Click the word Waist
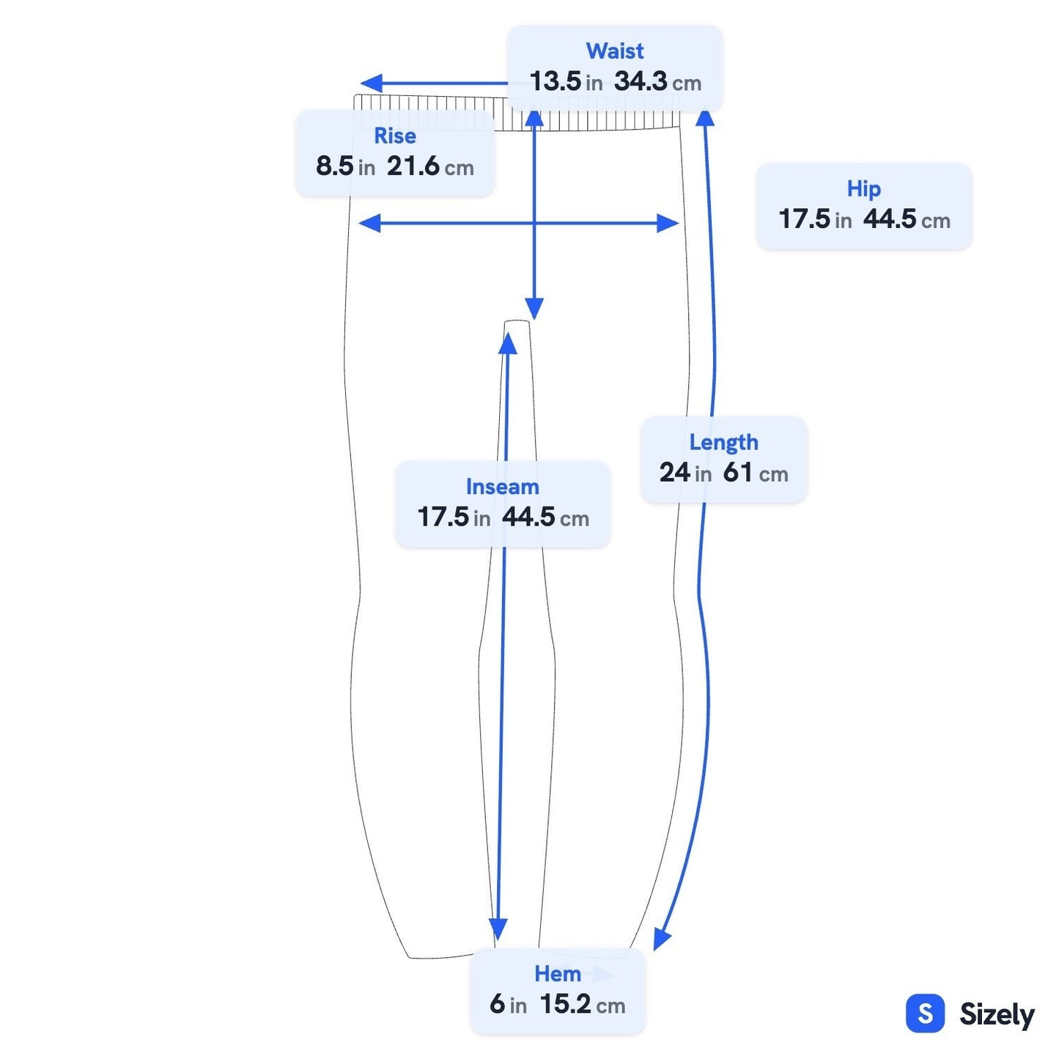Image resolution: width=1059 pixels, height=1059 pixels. point(614,51)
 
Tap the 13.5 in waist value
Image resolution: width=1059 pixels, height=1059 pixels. point(566,82)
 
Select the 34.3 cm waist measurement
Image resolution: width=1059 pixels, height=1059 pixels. point(657,82)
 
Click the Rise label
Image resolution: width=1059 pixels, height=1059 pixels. point(394,136)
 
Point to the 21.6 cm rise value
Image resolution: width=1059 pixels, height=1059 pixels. point(429,166)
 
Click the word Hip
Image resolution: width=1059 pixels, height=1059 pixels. point(863,188)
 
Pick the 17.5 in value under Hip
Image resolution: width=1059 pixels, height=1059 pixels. point(815,219)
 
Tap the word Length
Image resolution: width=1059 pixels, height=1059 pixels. point(723,442)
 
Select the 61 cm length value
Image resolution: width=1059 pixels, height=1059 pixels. point(755,473)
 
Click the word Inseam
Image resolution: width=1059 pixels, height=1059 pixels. point(502,487)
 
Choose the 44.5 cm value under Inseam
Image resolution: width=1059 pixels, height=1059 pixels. point(545,517)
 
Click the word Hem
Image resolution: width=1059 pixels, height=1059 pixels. point(557,973)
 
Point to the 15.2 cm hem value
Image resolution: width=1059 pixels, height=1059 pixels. point(583,1004)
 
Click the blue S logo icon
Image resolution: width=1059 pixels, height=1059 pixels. point(925,1013)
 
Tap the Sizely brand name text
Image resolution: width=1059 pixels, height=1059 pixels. point(997,1014)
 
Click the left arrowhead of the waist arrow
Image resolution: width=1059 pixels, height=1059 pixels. point(371,84)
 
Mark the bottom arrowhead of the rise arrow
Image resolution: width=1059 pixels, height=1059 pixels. point(534,309)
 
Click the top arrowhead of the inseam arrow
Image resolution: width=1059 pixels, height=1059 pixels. point(508,343)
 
